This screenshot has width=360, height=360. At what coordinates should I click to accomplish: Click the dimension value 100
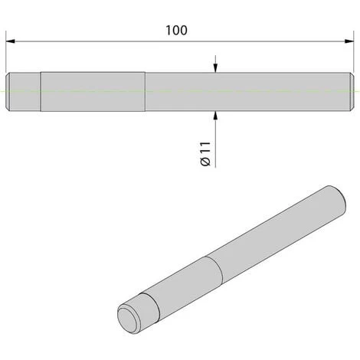coord(177,31)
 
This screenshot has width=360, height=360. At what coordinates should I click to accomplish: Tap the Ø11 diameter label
coord(204,153)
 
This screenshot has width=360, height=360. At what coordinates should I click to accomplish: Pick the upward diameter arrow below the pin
coord(216,116)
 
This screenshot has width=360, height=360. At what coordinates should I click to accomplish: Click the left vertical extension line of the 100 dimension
coord(6,54)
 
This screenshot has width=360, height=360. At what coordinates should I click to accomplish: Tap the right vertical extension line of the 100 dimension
coord(355,54)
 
